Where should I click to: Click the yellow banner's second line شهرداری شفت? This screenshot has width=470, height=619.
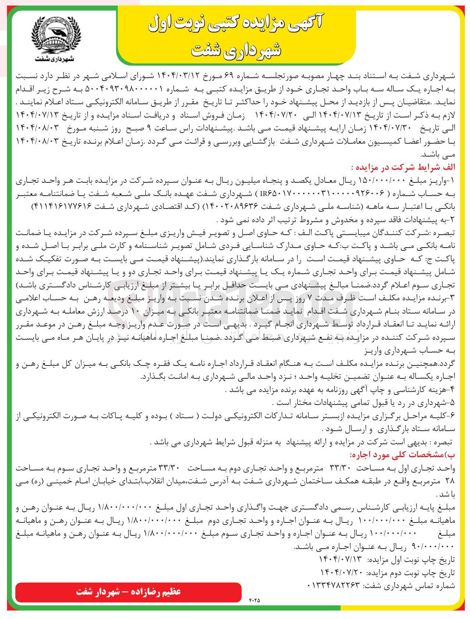tap(236, 50)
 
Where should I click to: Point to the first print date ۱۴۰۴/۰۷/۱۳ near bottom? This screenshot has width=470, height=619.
tap(340, 560)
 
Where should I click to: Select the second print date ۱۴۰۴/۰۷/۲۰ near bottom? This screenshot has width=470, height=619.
tap(340, 573)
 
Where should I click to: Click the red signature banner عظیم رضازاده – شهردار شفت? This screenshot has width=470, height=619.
tap(128, 592)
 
